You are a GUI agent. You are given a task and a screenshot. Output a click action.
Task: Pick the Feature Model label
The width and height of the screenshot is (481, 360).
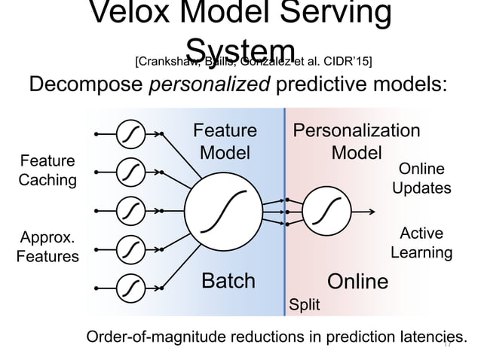tap(225, 142)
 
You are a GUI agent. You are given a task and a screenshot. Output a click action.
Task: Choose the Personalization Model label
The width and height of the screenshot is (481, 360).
tap(357, 142)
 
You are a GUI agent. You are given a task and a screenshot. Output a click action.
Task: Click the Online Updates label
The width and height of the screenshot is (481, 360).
tap(421, 178)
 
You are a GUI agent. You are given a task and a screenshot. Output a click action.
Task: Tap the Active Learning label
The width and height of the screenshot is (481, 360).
tap(421, 243)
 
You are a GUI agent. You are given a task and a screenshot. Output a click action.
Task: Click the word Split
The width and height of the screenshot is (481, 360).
tap(305, 305)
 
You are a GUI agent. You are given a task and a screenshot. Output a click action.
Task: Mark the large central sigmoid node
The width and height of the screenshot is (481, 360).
tap(224, 211)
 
